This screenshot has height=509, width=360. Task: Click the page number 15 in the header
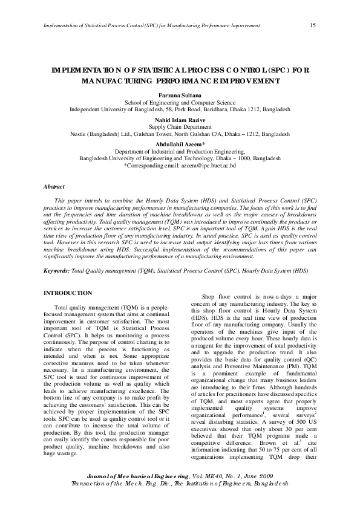(x=312, y=25)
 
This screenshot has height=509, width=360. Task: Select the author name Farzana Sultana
(x=180, y=96)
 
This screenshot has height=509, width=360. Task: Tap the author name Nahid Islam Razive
(x=180, y=120)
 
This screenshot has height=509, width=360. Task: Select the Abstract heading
(x=54, y=187)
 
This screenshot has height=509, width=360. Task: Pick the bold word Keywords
(x=56, y=271)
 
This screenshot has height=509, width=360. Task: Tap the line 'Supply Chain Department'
(x=180, y=127)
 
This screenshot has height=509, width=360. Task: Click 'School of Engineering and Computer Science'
(x=180, y=103)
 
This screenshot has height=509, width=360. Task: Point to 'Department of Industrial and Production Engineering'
(x=180, y=152)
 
